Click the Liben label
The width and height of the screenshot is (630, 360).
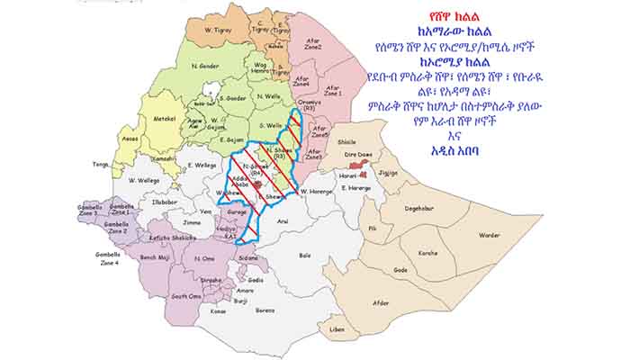coord(337,330)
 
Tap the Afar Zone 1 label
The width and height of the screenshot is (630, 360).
coord(333,90)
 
